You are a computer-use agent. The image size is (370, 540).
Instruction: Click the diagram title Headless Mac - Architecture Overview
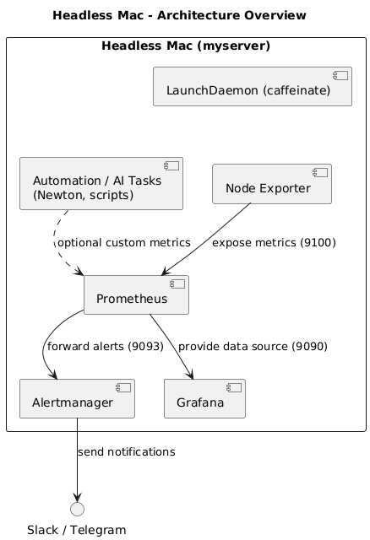click(x=179, y=15)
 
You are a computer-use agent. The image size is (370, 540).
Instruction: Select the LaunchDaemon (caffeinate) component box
click(x=253, y=86)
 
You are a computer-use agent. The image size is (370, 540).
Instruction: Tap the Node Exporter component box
click(x=272, y=184)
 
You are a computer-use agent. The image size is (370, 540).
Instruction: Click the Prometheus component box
click(x=136, y=294)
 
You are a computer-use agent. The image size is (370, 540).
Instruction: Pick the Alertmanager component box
click(x=77, y=399)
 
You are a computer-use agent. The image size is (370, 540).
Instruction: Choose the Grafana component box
click(x=204, y=399)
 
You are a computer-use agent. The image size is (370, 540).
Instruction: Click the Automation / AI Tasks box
click(x=101, y=184)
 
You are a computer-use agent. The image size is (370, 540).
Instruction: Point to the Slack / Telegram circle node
click(x=77, y=509)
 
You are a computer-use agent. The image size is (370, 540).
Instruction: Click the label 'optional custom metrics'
click(x=124, y=243)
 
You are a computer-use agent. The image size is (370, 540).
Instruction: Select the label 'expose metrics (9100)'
click(x=274, y=243)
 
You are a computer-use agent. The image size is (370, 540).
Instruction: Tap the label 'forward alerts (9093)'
click(x=106, y=347)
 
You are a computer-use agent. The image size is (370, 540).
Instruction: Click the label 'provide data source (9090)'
click(x=253, y=347)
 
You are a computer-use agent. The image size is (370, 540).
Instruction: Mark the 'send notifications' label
click(x=127, y=452)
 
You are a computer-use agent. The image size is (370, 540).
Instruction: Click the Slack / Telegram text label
click(x=77, y=530)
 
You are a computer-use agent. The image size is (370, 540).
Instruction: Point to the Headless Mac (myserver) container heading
click(x=186, y=46)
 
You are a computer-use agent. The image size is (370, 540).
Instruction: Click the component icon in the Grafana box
click(x=234, y=388)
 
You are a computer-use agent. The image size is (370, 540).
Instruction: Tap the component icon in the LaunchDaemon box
click(x=340, y=75)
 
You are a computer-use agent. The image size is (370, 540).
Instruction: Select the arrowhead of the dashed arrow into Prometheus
click(x=79, y=271)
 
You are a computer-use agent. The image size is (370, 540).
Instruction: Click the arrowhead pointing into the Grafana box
click(x=190, y=375)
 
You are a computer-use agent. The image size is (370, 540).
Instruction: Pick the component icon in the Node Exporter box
click(x=320, y=172)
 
